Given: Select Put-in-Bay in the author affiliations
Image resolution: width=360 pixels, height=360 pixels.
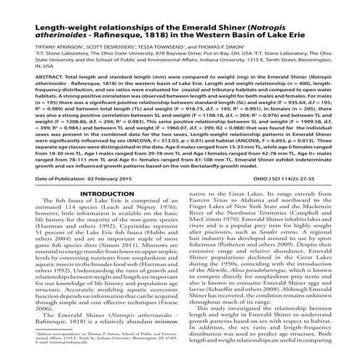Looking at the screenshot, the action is [211, 73].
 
